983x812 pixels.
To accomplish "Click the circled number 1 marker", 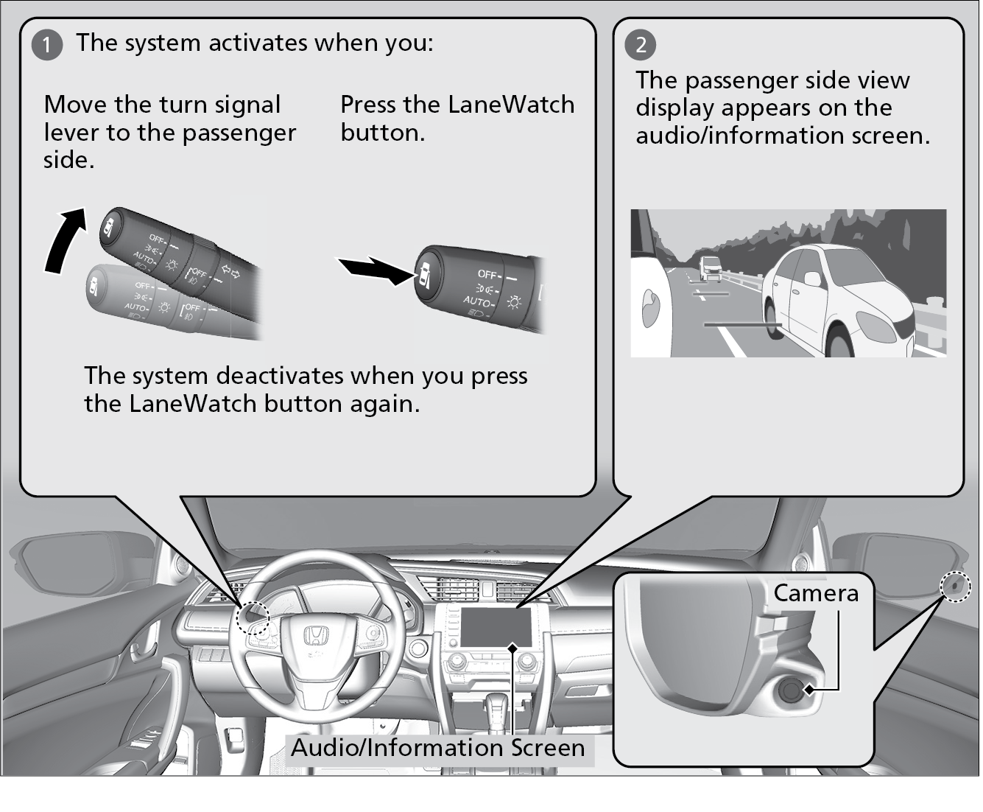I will click(47, 45).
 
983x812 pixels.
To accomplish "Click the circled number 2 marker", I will click(641, 45).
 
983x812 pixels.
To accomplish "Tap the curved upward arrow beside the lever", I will click(63, 239).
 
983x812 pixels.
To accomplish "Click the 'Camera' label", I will click(815, 593).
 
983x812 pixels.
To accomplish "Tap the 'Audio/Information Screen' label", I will click(438, 748).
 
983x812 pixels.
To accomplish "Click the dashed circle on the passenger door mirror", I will click(956, 587).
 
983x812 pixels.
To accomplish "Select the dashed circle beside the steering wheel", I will click(253, 617).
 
